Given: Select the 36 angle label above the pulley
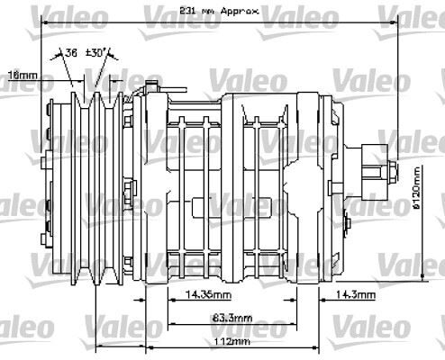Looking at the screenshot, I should pyautogui.click(x=71, y=53).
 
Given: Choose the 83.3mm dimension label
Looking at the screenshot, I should pyautogui.click(x=232, y=319).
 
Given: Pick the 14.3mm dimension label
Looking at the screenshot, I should pyautogui.click(x=357, y=294).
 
